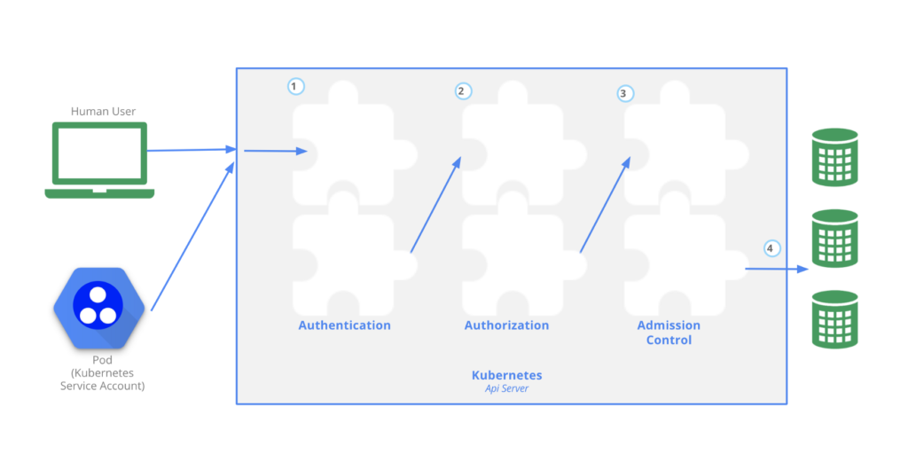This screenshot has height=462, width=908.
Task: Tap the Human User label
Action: click(103, 112)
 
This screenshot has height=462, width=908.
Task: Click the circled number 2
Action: click(462, 90)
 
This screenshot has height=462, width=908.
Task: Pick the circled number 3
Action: click(625, 92)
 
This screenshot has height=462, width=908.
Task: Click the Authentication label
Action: click(344, 325)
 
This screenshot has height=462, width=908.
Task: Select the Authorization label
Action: click(506, 325)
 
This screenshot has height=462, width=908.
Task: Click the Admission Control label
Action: click(669, 333)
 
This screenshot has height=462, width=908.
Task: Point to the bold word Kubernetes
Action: click(506, 375)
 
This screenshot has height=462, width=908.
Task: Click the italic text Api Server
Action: click(506, 388)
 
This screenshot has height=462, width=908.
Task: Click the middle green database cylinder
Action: click(834, 238)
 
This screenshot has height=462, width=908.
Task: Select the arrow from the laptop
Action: click(191, 151)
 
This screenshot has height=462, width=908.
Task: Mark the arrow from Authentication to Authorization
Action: click(435, 205)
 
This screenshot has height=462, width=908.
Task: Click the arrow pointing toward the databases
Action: click(776, 268)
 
